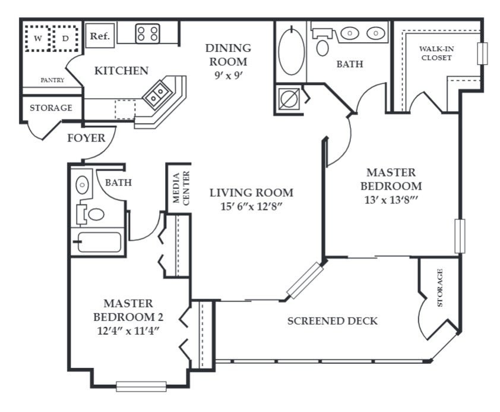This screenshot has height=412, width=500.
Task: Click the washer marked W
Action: click(38, 38)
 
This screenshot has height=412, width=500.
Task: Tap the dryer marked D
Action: click(65, 38)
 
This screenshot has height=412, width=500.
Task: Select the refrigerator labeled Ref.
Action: click(100, 36)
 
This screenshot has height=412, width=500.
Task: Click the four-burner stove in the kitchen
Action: click(148, 33)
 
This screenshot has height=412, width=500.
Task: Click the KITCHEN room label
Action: click(122, 71)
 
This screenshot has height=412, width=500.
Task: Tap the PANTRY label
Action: click(52, 80)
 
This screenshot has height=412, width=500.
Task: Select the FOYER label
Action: click(86, 138)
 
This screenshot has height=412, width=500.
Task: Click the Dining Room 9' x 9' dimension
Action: click(228, 76)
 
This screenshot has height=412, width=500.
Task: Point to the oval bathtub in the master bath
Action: click(292, 52)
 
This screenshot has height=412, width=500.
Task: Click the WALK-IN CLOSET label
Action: click(436, 54)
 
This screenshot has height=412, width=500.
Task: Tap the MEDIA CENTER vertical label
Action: click(181, 188)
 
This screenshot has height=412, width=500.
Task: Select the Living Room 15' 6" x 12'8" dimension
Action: click(251, 206)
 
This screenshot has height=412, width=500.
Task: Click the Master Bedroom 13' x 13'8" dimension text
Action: click(391, 200)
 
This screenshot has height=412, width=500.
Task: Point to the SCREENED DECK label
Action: click(333, 321)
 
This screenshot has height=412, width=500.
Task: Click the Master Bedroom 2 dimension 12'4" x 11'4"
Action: click(128, 331)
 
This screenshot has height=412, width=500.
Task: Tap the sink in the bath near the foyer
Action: click(82, 184)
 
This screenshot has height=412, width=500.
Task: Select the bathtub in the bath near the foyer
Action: click(99, 242)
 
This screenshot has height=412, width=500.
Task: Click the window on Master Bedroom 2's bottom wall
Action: click(141, 386)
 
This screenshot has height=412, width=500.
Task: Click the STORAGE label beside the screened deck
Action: click(440, 288)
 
